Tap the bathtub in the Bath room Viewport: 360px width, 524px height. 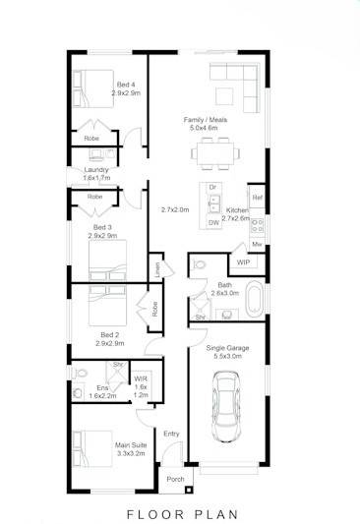254,299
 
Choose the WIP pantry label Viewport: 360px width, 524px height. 241,262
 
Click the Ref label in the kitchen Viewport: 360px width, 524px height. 257,199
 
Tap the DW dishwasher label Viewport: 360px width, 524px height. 213,223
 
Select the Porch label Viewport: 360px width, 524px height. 175,480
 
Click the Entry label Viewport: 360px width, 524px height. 171,434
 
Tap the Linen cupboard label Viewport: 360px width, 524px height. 154,266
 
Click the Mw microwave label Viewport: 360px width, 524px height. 257,243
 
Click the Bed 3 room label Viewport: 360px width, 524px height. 102,229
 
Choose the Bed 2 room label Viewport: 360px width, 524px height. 109,335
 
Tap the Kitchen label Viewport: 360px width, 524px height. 236,211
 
